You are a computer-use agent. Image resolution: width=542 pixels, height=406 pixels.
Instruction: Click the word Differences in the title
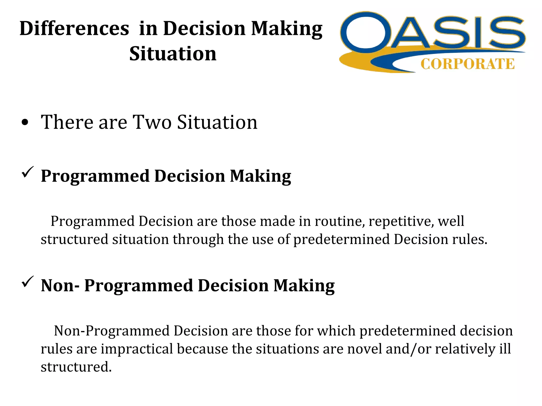[x=74, y=29]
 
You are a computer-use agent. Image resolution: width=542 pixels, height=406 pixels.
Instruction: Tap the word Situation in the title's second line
[x=173, y=54]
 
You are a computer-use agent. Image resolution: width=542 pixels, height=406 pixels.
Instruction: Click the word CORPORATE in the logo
[x=467, y=64]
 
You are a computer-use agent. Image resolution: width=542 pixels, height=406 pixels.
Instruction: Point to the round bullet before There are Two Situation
[x=25, y=123]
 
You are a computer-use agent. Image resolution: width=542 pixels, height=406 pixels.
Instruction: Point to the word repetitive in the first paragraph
[x=401, y=221]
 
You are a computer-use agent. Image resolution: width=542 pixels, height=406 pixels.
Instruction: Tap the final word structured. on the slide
[x=76, y=367]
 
